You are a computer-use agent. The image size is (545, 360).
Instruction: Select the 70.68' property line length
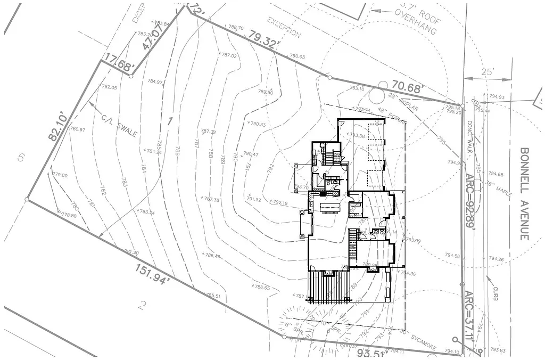pyautogui.click(x=408, y=87)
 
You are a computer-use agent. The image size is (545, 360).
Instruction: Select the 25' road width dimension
pyautogui.click(x=488, y=71)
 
